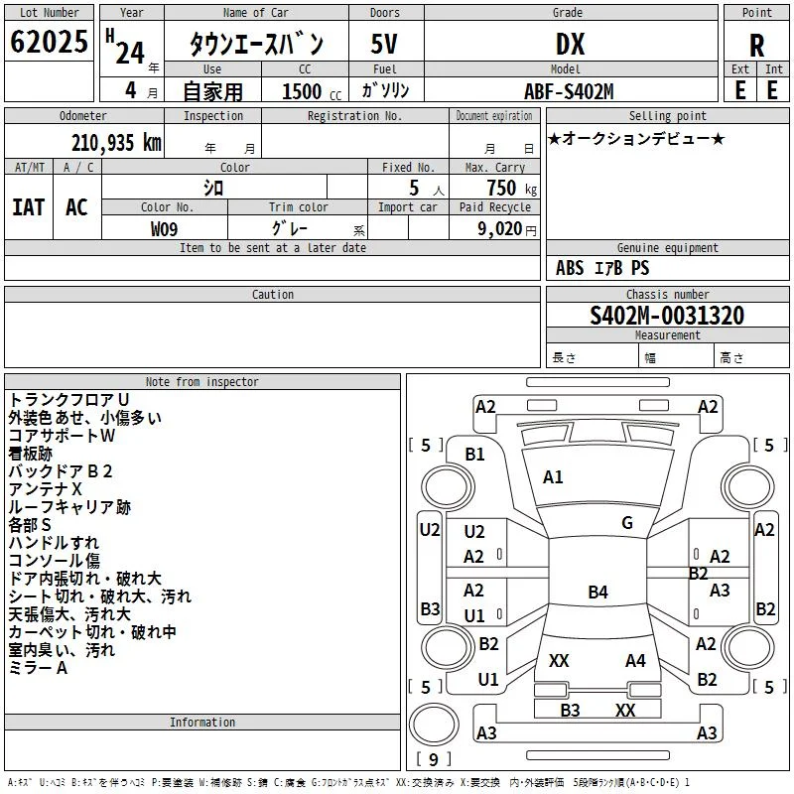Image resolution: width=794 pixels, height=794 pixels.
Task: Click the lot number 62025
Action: click(x=49, y=42)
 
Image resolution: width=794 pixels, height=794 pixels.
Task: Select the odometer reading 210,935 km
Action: click(x=116, y=143)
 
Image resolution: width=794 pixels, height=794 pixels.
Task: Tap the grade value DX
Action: click(x=570, y=44)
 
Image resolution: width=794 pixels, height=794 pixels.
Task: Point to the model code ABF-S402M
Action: click(x=569, y=91)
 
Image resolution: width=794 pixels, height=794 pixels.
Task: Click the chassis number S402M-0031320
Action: click(x=667, y=316)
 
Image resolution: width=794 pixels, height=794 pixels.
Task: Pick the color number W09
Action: click(x=164, y=229)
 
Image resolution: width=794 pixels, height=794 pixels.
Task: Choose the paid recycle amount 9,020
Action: click(x=500, y=228)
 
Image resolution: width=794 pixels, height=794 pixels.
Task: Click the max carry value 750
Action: click(x=501, y=188)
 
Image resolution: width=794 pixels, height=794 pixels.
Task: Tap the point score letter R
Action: click(x=756, y=46)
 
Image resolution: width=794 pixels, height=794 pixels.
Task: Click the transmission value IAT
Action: click(x=29, y=207)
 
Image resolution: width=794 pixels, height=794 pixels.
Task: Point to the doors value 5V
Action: click(x=384, y=44)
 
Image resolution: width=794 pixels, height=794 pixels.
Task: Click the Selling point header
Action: click(x=667, y=116)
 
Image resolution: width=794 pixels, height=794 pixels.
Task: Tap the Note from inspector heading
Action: click(x=202, y=382)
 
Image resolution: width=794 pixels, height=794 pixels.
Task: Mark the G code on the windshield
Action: click(x=627, y=523)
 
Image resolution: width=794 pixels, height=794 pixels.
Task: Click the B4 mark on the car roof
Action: click(x=597, y=592)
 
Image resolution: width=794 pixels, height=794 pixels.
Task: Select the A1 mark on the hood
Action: click(x=553, y=477)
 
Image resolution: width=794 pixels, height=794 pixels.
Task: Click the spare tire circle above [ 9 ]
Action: click(x=434, y=725)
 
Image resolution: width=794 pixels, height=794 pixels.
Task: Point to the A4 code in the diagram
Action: click(x=635, y=661)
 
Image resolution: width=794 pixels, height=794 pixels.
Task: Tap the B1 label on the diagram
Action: click(x=474, y=455)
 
